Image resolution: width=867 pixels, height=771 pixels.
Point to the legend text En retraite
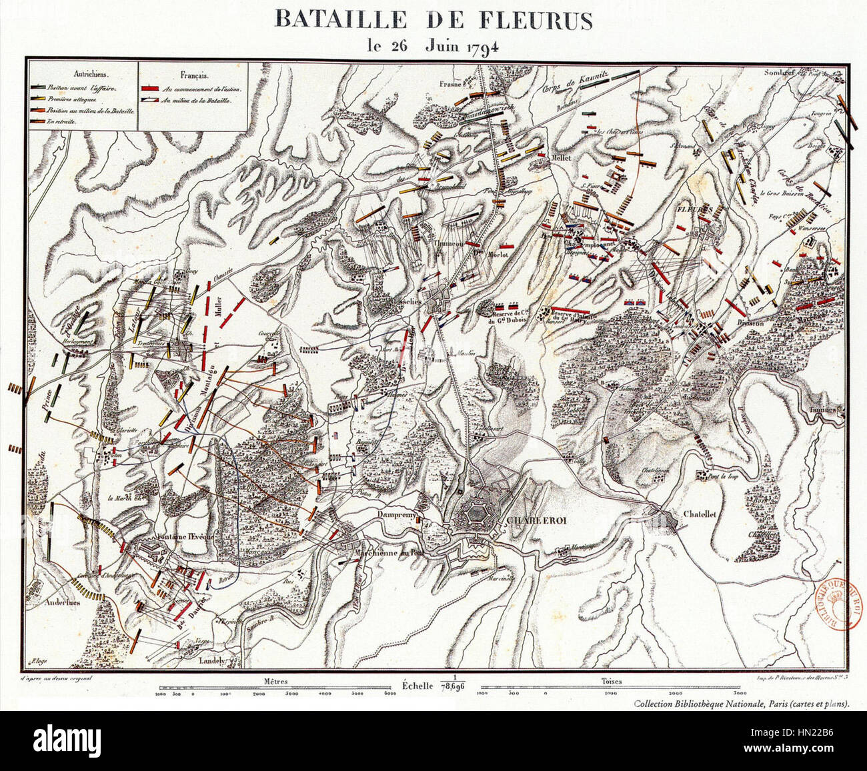click(x=67, y=121)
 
